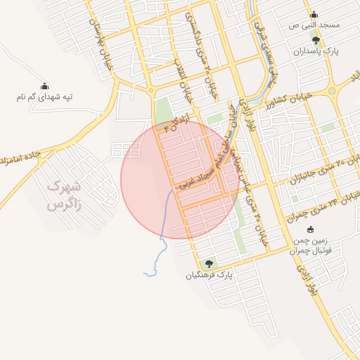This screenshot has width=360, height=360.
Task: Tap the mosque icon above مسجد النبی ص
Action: (314, 14)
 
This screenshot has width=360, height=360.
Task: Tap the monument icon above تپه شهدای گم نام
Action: (45, 86)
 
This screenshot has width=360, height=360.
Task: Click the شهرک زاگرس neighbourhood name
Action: (65, 195)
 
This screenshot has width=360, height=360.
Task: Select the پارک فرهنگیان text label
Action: (208, 275)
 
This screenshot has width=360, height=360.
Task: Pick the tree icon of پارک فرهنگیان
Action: (208, 264)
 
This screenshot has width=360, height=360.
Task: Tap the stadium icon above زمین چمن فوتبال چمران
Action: (310, 230)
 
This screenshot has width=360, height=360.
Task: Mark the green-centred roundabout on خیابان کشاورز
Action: (331, 91)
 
